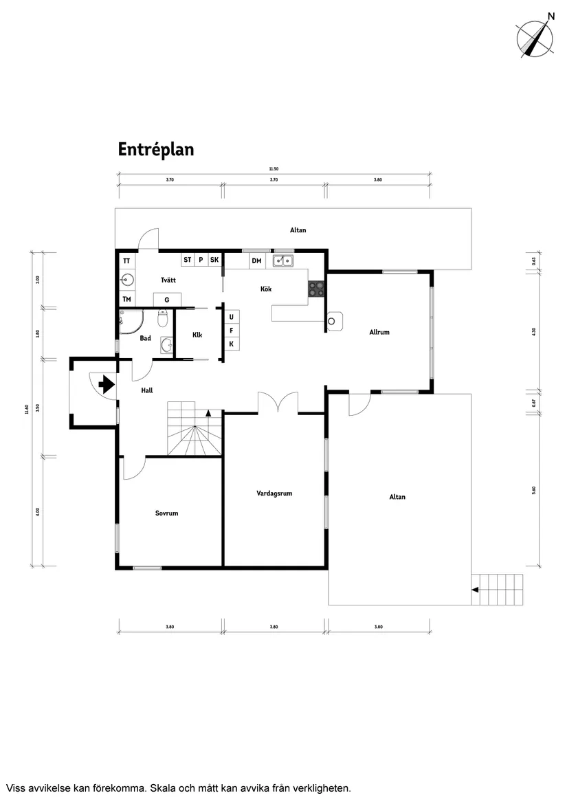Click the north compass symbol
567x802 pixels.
pos(535,37)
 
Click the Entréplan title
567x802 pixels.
pos(155,150)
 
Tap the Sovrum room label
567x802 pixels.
pos(166,513)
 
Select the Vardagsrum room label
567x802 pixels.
pos(275,493)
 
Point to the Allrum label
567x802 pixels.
pos(379,332)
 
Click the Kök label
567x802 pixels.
pos(266,289)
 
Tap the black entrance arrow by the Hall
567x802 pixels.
pos(106,384)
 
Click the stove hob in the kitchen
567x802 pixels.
pos(316,289)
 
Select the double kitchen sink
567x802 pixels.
pos(282,260)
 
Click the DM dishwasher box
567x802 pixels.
pos(256,261)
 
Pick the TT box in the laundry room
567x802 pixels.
pos(126,261)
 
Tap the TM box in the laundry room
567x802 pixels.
pos(126,300)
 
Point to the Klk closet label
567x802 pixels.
pos(197,335)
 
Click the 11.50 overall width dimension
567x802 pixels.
pos(274,169)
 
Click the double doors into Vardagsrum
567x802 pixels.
pos(278,403)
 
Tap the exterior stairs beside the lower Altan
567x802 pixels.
pos(497,589)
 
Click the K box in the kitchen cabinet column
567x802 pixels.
pos(232,344)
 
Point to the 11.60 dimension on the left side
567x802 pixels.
pos(27,408)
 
